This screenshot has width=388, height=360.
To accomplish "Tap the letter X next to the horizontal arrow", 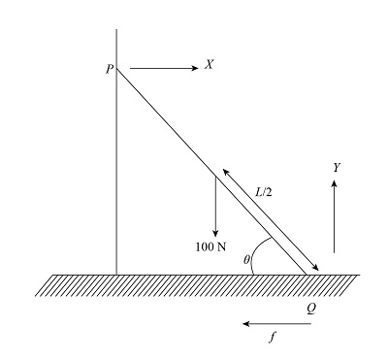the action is pyautogui.click(x=209, y=65).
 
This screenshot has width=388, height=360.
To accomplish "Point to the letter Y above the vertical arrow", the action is pyautogui.click(x=336, y=168).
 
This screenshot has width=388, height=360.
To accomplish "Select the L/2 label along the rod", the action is pyautogui.click(x=264, y=192).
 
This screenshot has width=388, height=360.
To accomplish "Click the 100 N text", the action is pyautogui.click(x=210, y=246).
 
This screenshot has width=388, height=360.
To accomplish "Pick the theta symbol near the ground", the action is pyautogui.click(x=246, y=260).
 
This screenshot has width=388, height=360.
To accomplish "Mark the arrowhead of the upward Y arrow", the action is pyautogui.click(x=335, y=186).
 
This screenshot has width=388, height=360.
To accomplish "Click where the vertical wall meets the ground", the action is pyautogui.click(x=116, y=274).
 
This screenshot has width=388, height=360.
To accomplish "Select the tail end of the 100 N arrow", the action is pyautogui.click(x=215, y=176).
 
